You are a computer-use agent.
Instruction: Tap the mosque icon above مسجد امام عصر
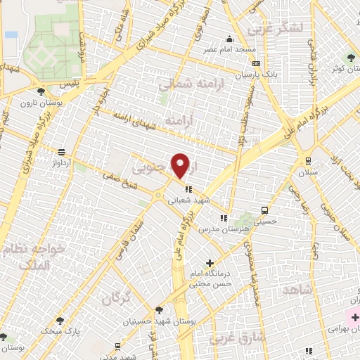tap(229, 39)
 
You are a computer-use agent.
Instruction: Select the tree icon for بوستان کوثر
tap(350, 57)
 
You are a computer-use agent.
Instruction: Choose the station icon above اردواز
tap(63, 151)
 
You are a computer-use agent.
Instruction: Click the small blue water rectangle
tap(11, 34)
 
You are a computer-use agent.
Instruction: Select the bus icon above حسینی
tap(264, 210)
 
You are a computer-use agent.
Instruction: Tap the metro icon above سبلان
tap(306, 161)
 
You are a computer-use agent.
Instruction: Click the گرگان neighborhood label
tap(116, 298)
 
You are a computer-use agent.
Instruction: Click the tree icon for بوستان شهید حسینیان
tap(160, 309)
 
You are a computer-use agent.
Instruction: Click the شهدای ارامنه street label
tap(134, 116)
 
